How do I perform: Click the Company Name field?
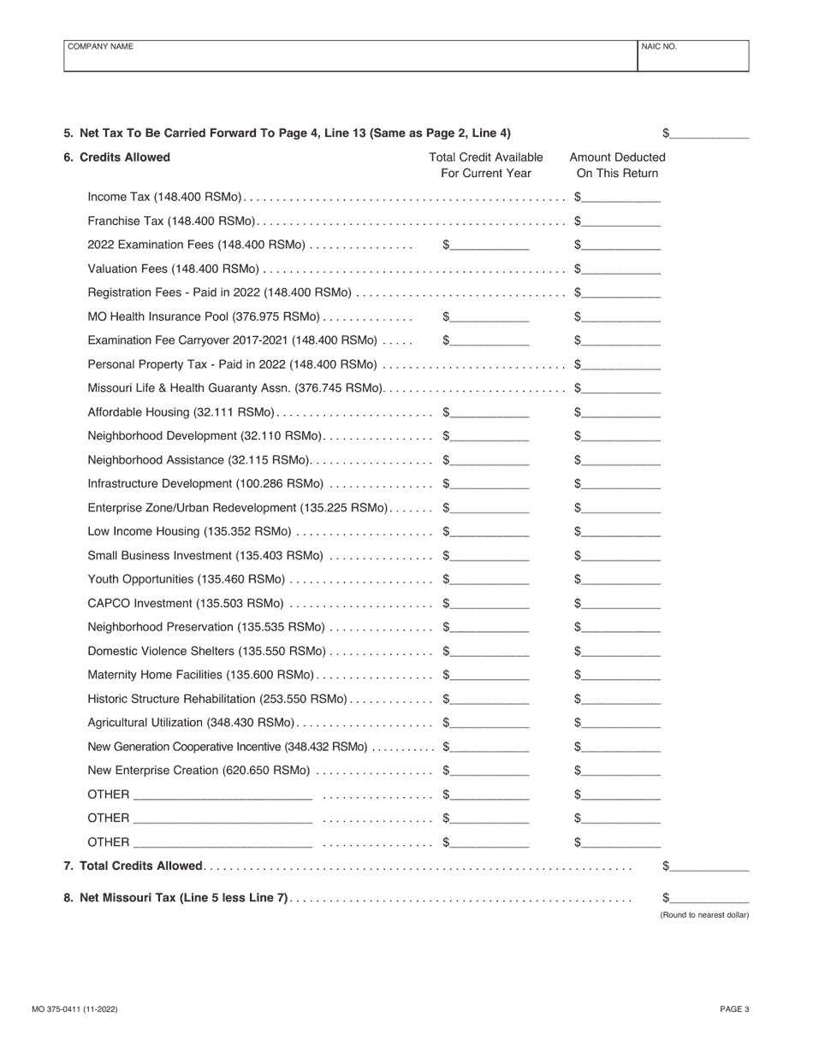point(351,56)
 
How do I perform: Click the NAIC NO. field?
point(693,56)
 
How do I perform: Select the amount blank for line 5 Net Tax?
point(709,133)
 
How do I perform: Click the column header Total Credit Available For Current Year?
point(486,165)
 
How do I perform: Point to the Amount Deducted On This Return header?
point(617,165)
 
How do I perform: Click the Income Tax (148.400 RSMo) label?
point(165,197)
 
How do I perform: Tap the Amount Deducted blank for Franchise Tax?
point(621,221)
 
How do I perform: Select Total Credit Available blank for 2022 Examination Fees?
point(490,245)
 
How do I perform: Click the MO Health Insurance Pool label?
point(205,316)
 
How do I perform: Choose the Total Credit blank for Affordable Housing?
point(490,412)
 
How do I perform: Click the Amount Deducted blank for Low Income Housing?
point(621,532)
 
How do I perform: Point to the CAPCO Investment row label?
point(185,604)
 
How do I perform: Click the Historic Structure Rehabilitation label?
point(217,699)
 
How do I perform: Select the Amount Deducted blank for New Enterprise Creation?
point(621,771)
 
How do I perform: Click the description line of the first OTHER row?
point(223,795)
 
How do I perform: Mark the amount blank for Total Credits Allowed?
point(709,866)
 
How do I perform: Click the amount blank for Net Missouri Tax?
point(709,898)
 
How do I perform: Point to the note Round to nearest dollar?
point(704,915)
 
